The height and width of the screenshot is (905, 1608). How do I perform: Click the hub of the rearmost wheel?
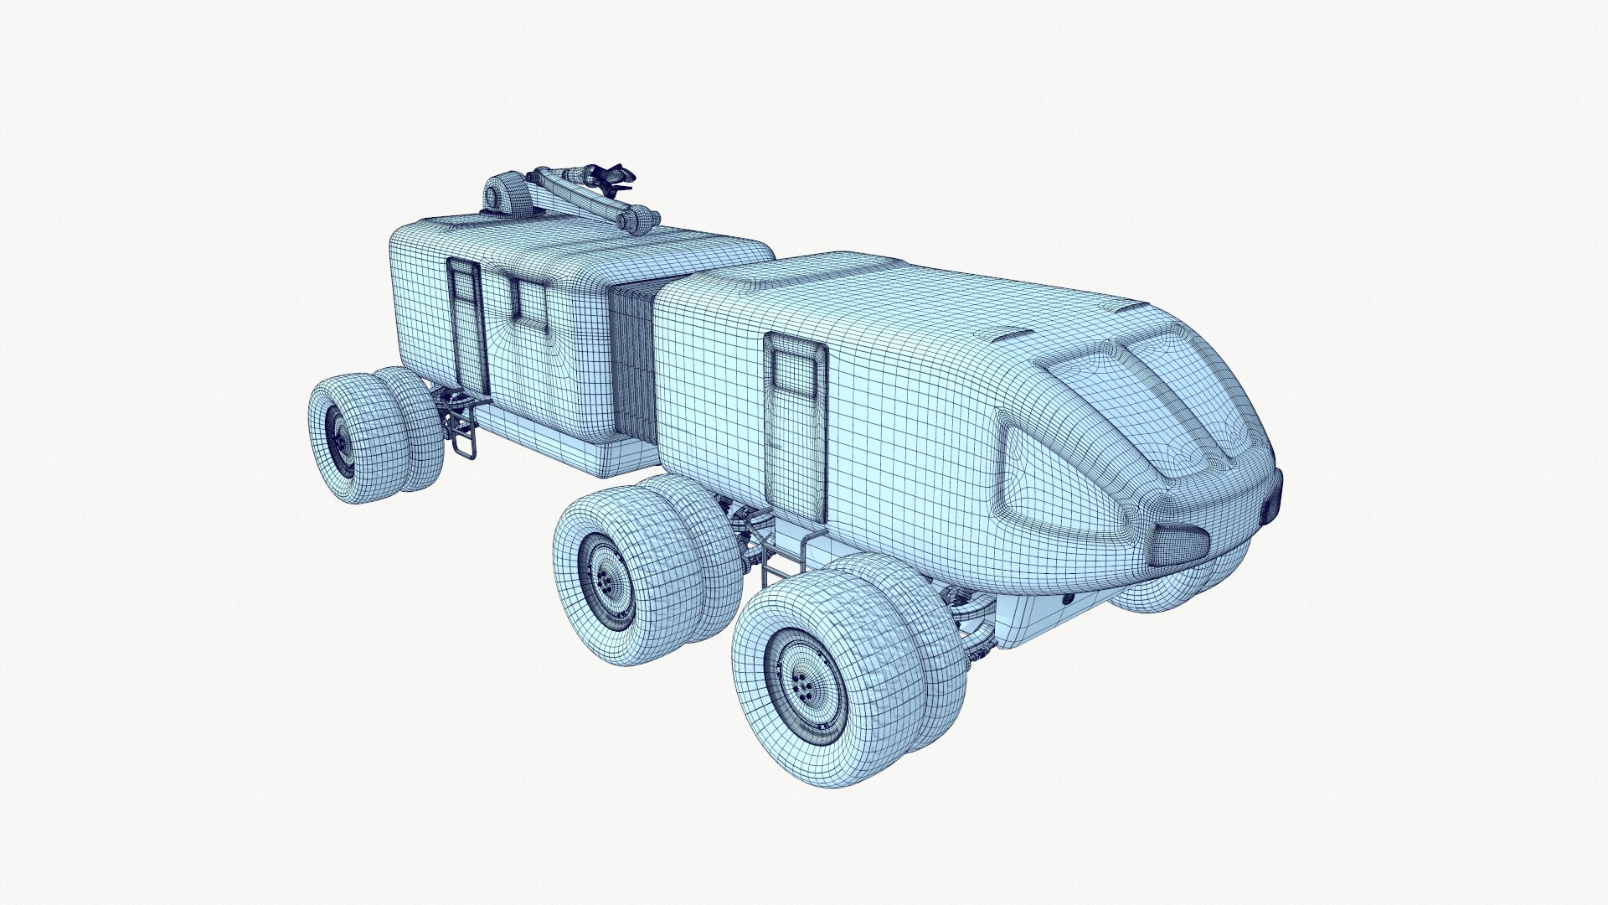tap(342, 441)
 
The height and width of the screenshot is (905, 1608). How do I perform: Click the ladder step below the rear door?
tap(463, 432)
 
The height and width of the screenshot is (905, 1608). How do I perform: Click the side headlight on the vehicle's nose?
tap(1178, 546)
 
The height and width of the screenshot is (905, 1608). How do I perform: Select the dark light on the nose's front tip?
tap(1274, 494)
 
